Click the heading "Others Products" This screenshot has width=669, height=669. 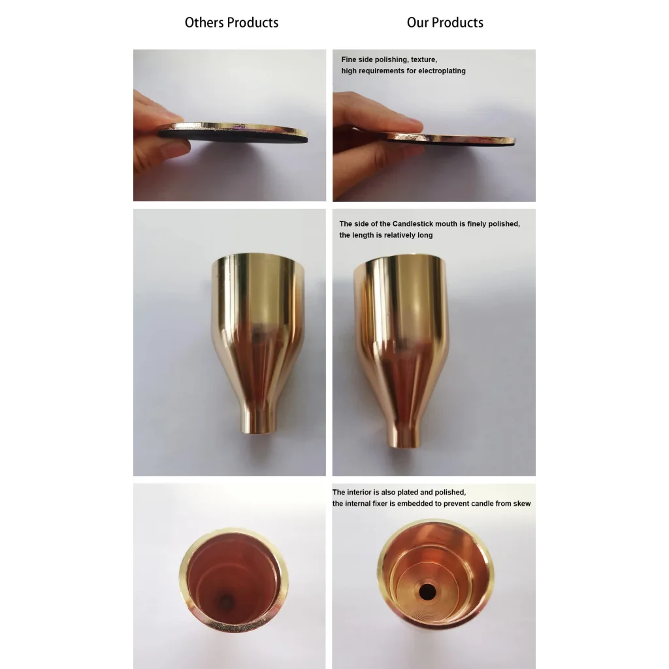(x=231, y=22)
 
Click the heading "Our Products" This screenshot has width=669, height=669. (x=445, y=22)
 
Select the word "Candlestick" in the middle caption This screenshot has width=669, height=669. (x=413, y=223)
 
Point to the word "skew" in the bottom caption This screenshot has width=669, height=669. (x=522, y=504)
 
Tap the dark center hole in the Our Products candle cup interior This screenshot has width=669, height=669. (x=427, y=592)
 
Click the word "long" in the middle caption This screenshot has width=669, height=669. (x=425, y=235)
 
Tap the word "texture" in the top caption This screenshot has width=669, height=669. (x=423, y=59)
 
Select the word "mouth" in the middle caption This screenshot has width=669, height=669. (x=446, y=223)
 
